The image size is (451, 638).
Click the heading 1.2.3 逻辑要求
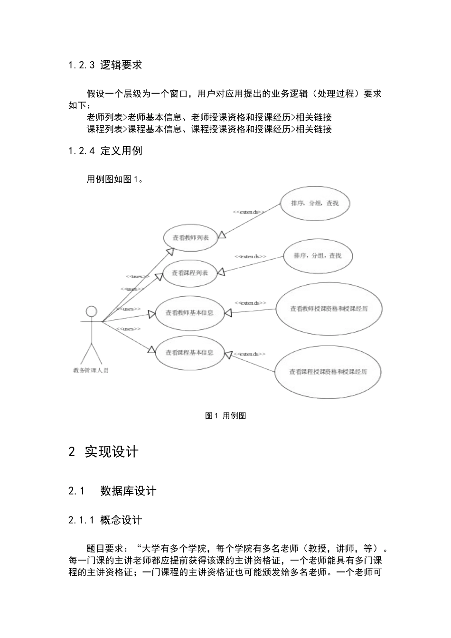[x=105, y=65]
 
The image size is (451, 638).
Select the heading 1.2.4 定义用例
[x=105, y=151]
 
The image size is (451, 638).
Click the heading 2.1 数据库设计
[x=112, y=491]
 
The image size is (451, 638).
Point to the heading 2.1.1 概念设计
[x=105, y=520]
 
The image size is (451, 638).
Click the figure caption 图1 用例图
[x=225, y=416]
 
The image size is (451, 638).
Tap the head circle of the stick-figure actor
[x=91, y=311]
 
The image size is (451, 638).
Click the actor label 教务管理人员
[x=91, y=370]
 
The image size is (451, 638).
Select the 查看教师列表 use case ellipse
[x=191, y=237]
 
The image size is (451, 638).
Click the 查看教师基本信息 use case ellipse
[x=189, y=313]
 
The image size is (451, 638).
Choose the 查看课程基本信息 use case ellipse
[x=189, y=353]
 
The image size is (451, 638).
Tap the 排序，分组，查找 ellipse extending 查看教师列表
[x=315, y=204]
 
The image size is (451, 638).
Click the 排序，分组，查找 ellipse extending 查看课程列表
[x=318, y=255]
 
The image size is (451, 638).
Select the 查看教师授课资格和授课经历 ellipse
[x=329, y=309]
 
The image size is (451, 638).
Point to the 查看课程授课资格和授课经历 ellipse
[x=329, y=372]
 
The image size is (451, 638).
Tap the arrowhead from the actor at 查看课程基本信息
[x=151, y=350]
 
